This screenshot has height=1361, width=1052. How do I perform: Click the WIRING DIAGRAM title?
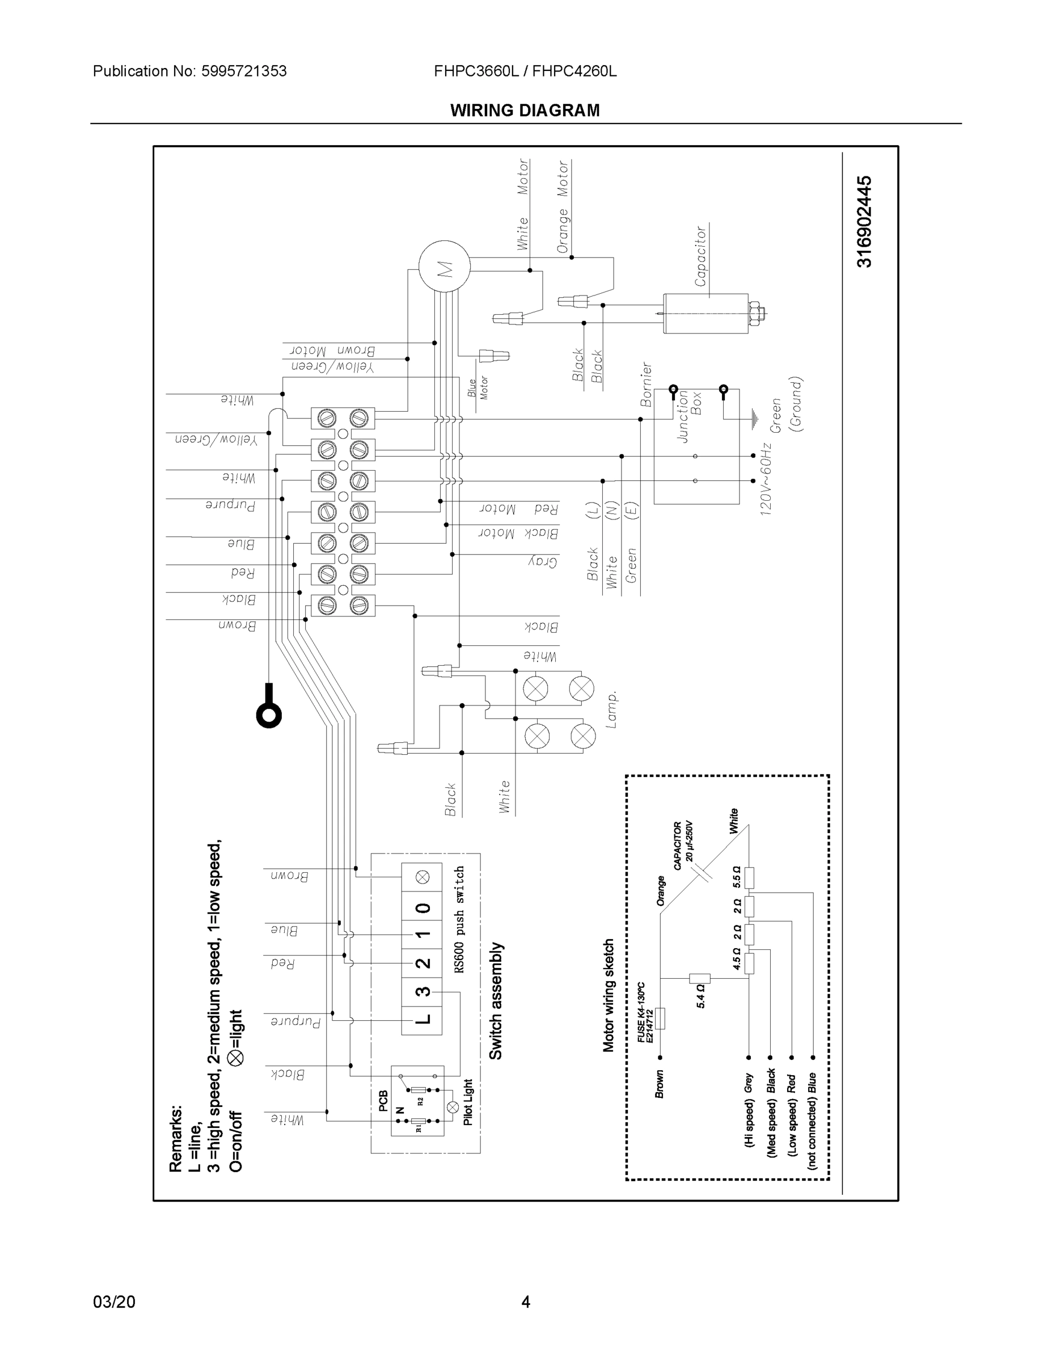[x=525, y=111]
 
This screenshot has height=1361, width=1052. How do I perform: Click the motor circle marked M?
[x=443, y=267]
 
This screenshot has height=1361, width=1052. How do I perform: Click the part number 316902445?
[x=864, y=221]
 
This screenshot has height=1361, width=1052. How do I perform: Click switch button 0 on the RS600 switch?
[x=422, y=908]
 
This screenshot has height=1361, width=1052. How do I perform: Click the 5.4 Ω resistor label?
[x=700, y=996]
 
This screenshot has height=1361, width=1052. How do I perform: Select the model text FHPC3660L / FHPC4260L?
[x=525, y=71]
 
